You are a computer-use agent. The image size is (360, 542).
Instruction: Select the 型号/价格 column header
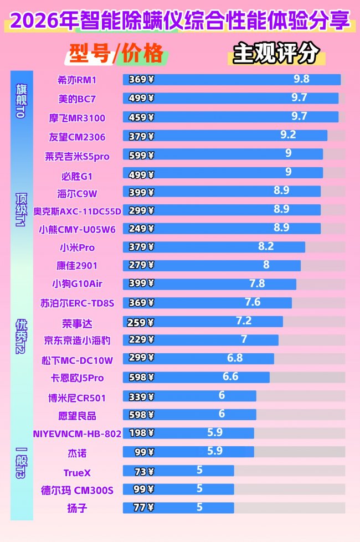point(116,54)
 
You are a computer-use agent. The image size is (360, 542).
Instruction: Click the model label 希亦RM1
point(77,80)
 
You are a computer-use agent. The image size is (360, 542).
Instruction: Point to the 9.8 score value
point(301,79)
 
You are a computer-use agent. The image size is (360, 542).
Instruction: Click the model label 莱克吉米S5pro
point(77,157)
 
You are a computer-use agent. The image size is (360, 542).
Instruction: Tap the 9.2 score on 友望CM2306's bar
point(288,135)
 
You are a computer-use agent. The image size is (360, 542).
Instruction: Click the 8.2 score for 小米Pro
point(266,247)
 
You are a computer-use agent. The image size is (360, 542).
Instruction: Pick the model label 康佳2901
point(77,265)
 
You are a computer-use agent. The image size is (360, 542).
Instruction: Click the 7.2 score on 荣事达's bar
point(244,321)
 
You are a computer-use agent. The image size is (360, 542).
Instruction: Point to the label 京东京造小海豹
point(77,340)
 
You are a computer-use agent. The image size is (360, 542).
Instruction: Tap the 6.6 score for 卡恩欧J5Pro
point(230,376)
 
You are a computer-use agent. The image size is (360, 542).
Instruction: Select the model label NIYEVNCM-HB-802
point(77,433)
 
